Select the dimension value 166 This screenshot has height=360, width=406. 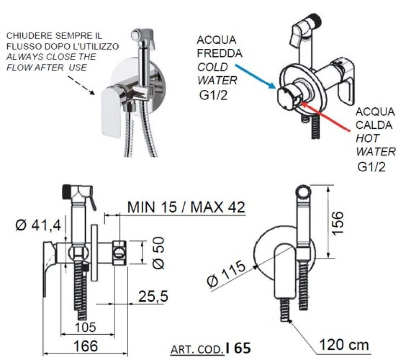86,346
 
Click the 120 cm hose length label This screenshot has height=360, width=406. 343,345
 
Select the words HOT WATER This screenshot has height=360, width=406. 375,144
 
